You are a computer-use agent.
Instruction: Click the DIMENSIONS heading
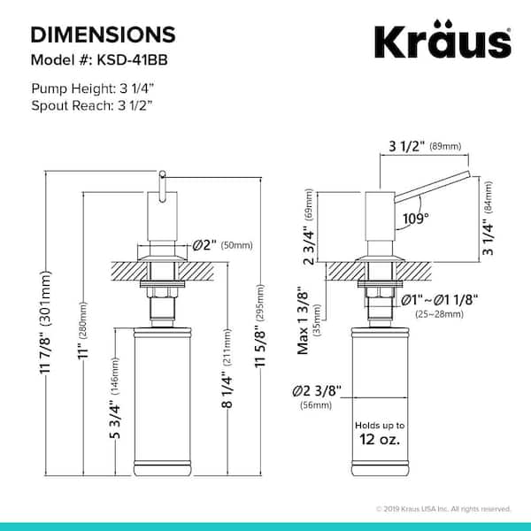click(104, 35)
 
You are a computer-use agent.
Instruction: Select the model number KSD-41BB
click(133, 60)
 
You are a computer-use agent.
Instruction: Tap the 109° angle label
click(416, 219)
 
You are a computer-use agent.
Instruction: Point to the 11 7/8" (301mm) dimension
click(45, 322)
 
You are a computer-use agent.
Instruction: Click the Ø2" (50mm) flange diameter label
click(222, 245)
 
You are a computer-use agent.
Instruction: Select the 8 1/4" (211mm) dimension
click(227, 368)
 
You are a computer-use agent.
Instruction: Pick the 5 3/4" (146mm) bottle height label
click(115, 398)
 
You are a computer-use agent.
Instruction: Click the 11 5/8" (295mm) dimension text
click(260, 326)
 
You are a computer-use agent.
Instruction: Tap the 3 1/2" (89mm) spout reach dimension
click(425, 146)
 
